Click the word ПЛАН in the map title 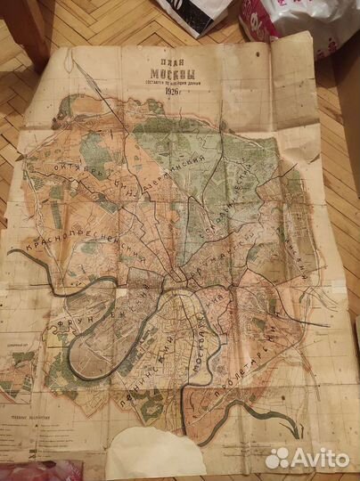[x=160, y=62]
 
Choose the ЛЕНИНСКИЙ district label [x=134, y=374]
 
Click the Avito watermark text [x=321, y=458]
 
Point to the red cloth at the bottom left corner [x=36, y=473]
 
